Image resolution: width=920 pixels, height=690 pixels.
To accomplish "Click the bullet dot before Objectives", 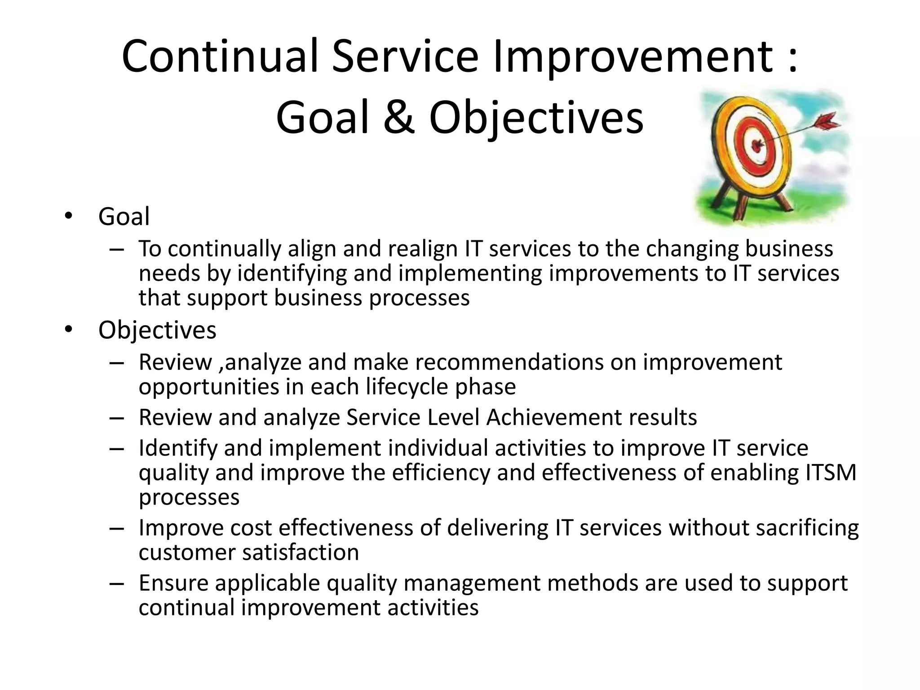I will pyautogui.click(x=68, y=329).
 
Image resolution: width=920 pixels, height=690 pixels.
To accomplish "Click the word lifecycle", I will pyautogui.click(x=406, y=387).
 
